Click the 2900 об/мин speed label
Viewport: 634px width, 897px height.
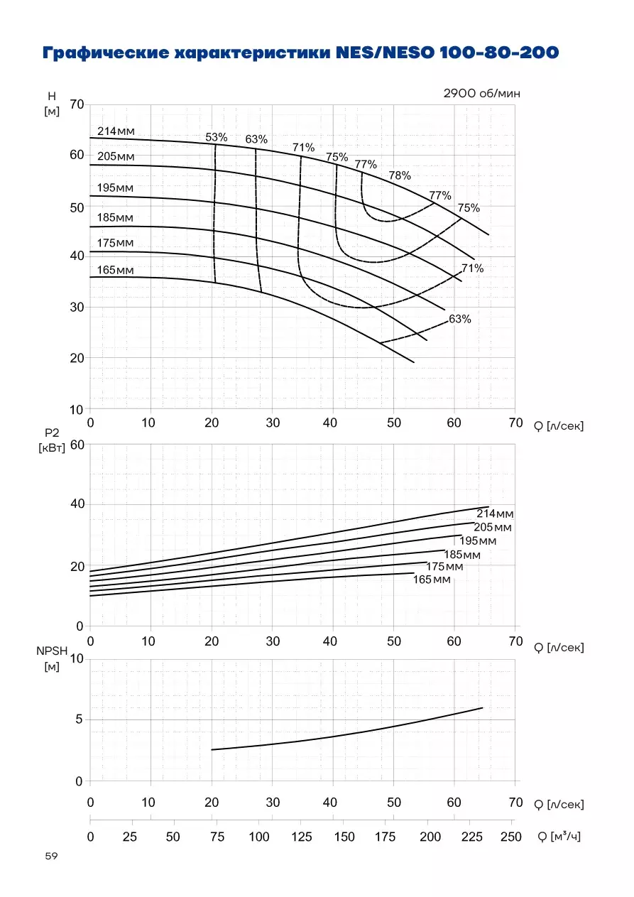(x=481, y=94)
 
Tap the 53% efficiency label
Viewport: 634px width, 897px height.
(x=216, y=137)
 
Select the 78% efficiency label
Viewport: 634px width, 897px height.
(x=400, y=175)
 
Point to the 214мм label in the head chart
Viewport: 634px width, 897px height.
(x=116, y=131)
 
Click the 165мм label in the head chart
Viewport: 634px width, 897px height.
(x=115, y=270)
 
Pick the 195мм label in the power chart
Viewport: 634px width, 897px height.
(x=478, y=541)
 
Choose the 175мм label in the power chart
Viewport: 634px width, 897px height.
(x=444, y=567)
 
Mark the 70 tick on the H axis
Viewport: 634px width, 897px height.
(x=77, y=104)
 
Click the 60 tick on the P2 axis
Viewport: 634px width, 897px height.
(x=77, y=445)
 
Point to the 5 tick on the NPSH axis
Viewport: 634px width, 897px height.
(x=79, y=719)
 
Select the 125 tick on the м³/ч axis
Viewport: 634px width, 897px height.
(x=302, y=837)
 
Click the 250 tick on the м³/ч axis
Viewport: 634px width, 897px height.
(x=510, y=837)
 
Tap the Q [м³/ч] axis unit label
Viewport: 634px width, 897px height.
(x=559, y=836)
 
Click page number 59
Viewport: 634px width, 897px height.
(x=52, y=856)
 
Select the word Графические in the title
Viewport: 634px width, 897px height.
(x=106, y=53)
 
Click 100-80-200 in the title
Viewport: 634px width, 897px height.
(x=498, y=53)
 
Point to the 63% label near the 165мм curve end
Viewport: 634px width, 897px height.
(x=460, y=319)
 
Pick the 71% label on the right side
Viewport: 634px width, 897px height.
(x=472, y=268)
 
